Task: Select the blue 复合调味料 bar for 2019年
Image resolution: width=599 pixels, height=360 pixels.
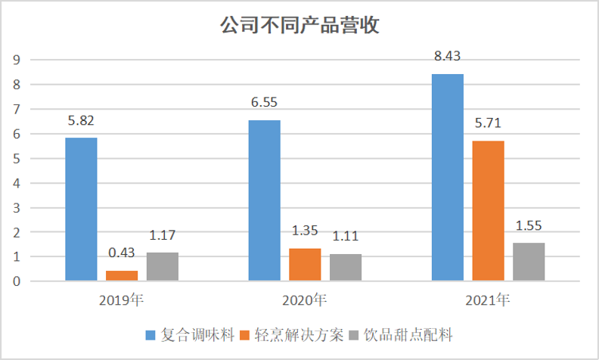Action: tap(81, 209)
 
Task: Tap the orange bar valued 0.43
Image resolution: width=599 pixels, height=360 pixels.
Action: tap(121, 276)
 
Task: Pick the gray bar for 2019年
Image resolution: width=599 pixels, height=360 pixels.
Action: tap(162, 267)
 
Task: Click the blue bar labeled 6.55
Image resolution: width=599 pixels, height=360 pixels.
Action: tap(264, 200)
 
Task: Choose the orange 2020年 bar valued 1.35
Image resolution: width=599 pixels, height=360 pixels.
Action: tap(305, 265)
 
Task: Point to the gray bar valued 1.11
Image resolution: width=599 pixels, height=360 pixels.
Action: tap(345, 268)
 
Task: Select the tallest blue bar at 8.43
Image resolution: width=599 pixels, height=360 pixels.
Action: tap(448, 178)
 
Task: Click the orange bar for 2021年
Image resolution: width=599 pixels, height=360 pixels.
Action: tap(488, 211)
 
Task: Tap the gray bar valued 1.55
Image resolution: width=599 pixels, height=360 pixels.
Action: tap(529, 262)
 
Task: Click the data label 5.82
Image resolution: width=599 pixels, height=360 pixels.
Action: tap(81, 120)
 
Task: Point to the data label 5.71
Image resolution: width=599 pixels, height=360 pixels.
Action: tap(488, 123)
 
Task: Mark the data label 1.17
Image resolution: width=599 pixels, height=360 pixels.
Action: tap(162, 235)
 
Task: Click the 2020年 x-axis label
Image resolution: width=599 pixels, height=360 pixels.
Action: tap(304, 300)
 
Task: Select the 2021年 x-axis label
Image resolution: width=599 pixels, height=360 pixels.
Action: tap(488, 300)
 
